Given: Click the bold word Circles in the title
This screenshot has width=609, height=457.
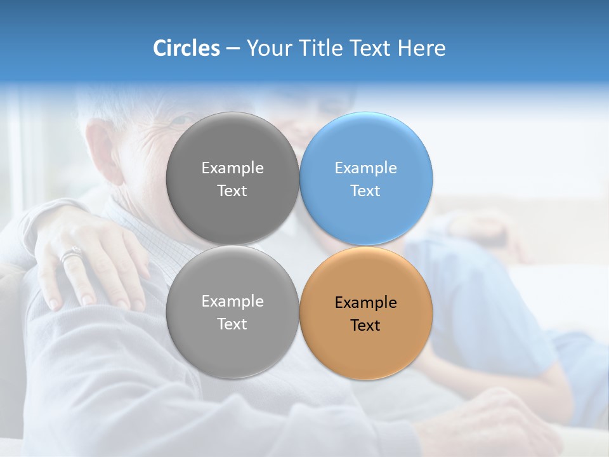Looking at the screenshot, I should pos(186,48).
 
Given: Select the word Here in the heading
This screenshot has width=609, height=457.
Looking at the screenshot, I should pos(422,48).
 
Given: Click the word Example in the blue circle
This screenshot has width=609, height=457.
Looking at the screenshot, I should pos(366,168).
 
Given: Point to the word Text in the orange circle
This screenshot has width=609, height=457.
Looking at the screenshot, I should pos(365,326).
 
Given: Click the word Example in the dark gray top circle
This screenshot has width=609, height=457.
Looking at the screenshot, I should pos(232,168).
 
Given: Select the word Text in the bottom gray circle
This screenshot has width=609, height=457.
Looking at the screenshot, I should pos(232,324).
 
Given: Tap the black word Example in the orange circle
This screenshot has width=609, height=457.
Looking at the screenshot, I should pos(366,303).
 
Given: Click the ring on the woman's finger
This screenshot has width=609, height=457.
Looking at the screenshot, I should pos(71,256).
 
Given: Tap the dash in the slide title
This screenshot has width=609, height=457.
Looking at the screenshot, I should pos(232,48).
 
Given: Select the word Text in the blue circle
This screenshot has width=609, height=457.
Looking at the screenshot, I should pos(365,191).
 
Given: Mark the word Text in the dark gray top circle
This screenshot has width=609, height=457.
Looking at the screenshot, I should pos(232,191).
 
